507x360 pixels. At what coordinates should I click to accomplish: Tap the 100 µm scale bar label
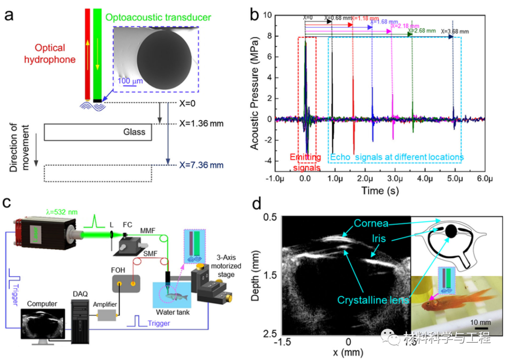(x=130, y=81)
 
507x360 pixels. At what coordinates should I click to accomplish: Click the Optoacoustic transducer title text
(x=158, y=18)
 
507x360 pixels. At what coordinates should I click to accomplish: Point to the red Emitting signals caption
(x=305, y=161)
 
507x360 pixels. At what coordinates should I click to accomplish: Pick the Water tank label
(x=173, y=312)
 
